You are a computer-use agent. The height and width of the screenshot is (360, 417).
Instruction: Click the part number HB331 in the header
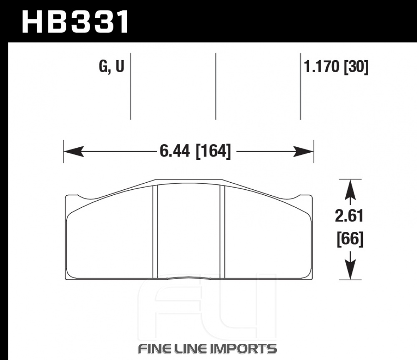pyautogui.click(x=75, y=22)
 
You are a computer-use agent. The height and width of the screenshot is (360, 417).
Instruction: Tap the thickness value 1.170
pyautogui.click(x=321, y=66)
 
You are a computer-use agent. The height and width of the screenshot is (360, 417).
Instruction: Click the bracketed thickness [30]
pyautogui.click(x=357, y=66)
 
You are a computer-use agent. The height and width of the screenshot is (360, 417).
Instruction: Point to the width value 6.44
pyautogui.click(x=175, y=151)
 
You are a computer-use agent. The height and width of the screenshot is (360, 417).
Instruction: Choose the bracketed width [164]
pyautogui.click(x=213, y=151)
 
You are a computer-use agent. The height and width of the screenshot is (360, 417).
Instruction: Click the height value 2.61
pyautogui.click(x=349, y=216)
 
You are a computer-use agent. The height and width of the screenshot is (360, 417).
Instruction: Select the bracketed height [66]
pyautogui.click(x=350, y=239)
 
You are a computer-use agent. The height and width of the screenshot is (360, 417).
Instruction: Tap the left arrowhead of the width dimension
pyautogui.click(x=74, y=151)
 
